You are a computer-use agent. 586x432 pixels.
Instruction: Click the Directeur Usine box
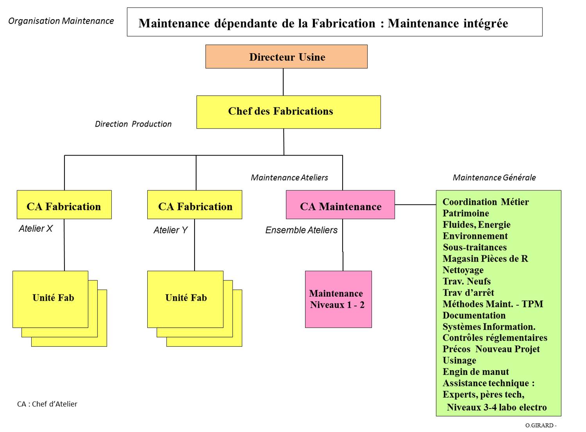[x=286, y=57]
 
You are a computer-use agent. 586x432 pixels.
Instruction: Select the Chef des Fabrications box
[x=288, y=112]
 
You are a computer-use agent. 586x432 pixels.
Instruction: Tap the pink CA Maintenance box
[x=340, y=205]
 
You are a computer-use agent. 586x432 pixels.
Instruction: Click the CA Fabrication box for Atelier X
[x=64, y=205]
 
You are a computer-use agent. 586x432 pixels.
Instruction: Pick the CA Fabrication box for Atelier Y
[x=195, y=205]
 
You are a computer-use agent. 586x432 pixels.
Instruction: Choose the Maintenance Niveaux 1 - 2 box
[x=338, y=299]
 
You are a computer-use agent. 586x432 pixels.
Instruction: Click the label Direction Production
[x=133, y=124]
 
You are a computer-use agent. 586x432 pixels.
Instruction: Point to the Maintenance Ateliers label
[x=289, y=177]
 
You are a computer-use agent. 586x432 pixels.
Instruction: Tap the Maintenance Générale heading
[x=494, y=177]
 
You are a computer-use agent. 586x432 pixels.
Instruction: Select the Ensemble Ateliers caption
[x=301, y=230]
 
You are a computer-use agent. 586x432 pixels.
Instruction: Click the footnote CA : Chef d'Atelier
[x=47, y=404]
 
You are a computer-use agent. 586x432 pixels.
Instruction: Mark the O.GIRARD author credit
[x=540, y=425]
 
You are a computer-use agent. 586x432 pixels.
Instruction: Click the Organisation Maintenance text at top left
[x=61, y=21]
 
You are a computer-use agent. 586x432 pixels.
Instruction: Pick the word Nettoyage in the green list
[x=463, y=270]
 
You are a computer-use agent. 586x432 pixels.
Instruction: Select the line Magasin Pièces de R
[x=485, y=259]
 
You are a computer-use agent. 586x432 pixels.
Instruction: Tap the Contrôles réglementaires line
[x=495, y=338]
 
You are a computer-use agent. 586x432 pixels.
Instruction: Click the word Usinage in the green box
[x=459, y=360]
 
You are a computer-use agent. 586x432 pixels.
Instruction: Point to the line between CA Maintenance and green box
[x=415, y=204]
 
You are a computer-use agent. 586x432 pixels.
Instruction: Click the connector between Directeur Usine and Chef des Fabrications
[x=283, y=82]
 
